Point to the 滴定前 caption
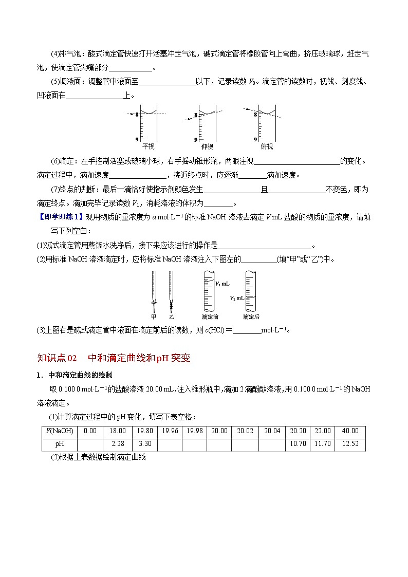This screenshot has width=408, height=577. coord(210,317)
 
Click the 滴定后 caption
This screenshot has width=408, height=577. coord(251,317)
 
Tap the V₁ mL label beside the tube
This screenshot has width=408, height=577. coord(222,284)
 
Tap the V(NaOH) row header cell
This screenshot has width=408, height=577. coord(59,431)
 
